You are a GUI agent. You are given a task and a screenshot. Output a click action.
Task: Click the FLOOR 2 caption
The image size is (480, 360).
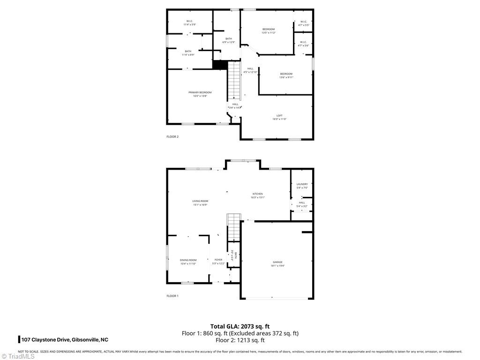click(x=172, y=137)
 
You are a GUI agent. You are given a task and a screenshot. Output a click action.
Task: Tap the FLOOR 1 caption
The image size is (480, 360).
click(x=172, y=296)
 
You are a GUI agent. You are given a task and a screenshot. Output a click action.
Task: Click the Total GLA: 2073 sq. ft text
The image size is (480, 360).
click(x=240, y=326)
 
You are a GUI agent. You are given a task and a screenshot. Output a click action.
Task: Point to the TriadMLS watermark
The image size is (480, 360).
click(x=18, y=356)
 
